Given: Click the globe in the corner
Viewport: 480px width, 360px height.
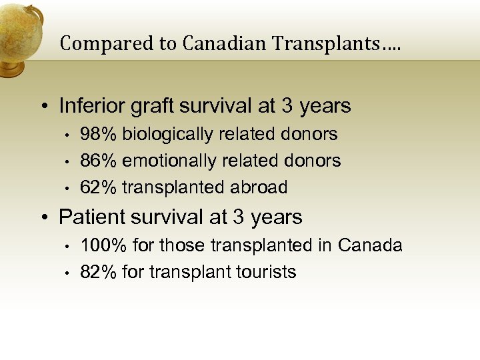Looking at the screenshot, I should coord(19,33).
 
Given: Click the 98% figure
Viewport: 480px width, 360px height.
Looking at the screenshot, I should coord(99,134).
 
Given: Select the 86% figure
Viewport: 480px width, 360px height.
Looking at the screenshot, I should coord(99,161).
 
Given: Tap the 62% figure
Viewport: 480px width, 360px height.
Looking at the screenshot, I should coord(99,187).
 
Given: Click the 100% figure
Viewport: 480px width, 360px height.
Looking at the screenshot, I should coord(104,245).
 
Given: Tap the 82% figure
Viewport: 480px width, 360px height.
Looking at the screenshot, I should coord(99,272).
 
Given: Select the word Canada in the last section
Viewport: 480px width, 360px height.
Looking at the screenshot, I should coord(370,245).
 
